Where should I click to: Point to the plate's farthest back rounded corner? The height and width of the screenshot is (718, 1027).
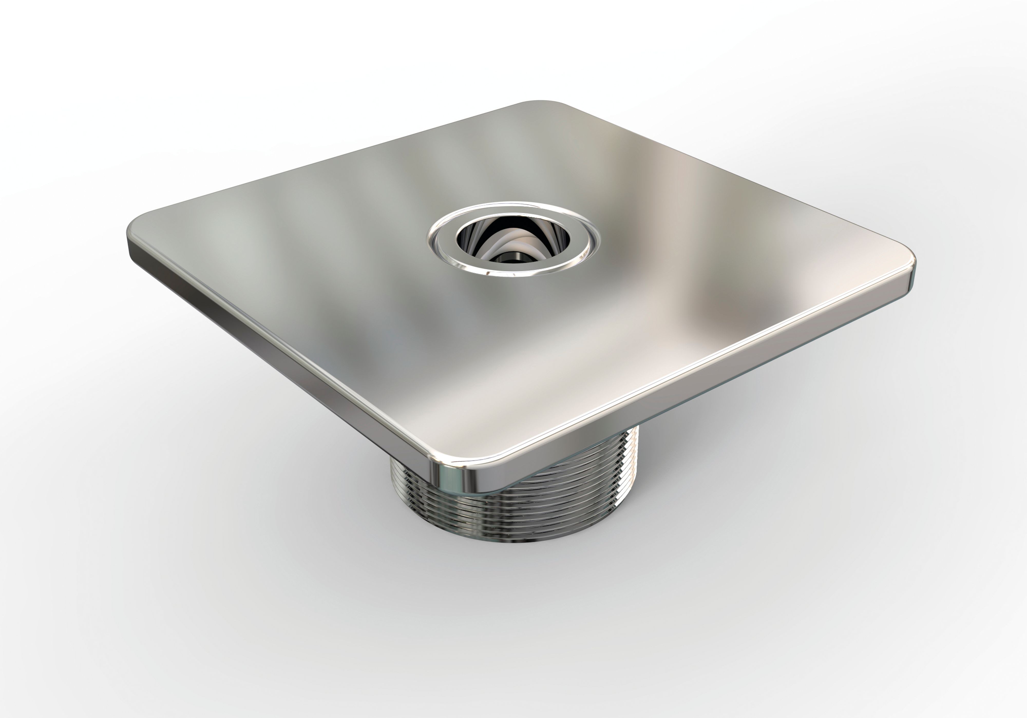(x=541, y=104)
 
